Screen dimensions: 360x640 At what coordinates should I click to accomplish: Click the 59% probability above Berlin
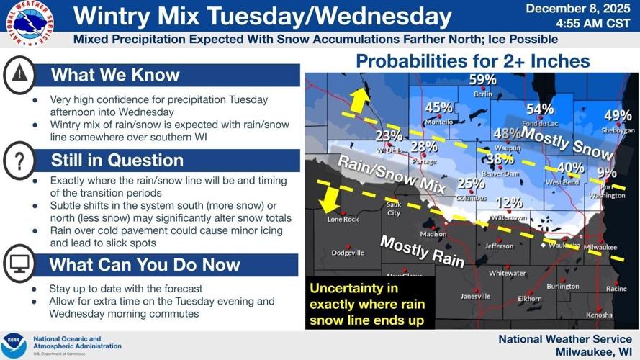(482, 79)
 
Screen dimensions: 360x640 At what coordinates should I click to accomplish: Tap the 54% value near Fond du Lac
(539, 109)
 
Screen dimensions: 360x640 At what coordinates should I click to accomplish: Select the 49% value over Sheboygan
(617, 115)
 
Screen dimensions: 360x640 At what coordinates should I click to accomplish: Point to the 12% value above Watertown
(509, 203)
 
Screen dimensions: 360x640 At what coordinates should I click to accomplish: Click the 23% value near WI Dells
(389, 136)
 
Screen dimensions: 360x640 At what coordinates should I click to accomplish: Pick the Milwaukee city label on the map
(600, 247)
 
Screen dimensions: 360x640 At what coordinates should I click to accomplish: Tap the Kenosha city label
(599, 315)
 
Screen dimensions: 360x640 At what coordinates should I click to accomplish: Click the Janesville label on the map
(475, 296)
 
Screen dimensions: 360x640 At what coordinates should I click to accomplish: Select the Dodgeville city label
(348, 253)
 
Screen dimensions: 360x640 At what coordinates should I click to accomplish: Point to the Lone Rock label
(343, 219)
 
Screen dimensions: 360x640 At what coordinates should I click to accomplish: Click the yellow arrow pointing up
(359, 99)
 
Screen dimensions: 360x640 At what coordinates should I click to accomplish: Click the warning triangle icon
(20, 75)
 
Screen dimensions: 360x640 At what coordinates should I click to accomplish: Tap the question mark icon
(20, 161)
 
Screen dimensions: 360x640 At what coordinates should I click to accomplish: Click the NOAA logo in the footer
(14, 344)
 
